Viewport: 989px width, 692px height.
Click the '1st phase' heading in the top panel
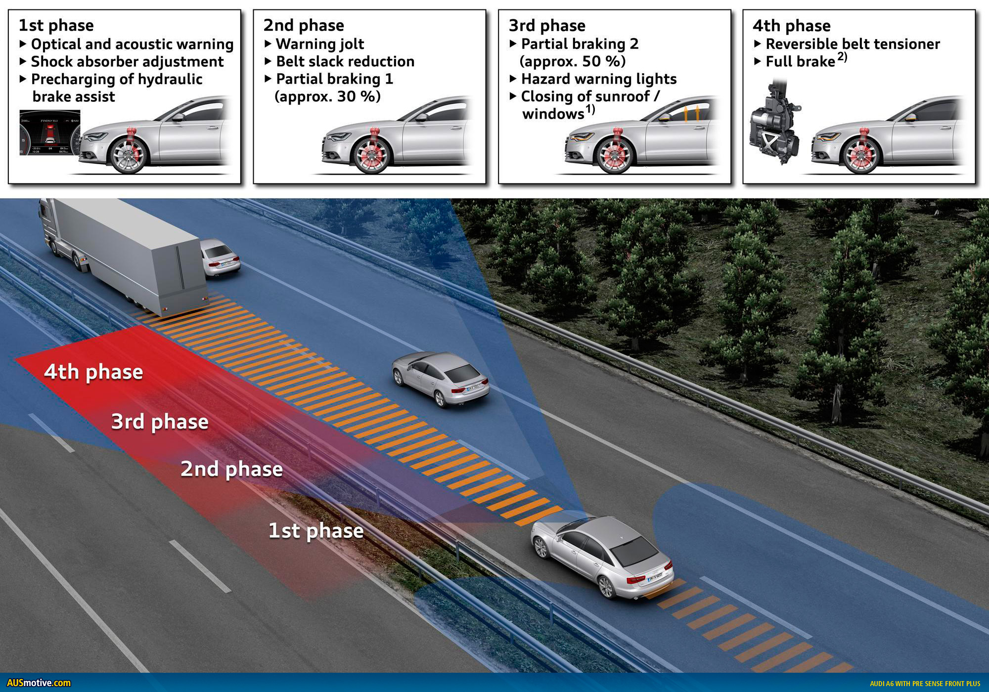56,25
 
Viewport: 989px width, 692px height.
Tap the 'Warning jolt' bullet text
319,44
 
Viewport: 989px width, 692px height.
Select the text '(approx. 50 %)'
573,61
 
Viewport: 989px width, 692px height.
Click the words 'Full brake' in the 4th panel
800,61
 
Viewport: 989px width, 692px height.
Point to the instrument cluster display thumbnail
49,132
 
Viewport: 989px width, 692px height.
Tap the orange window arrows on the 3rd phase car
691,113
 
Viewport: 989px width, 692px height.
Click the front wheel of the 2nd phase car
372,155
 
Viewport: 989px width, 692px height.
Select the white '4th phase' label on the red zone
93,372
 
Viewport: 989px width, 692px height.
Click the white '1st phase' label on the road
316,530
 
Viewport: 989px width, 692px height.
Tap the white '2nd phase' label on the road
231,469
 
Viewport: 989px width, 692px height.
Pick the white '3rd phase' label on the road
159,422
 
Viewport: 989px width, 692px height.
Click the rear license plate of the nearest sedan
655,577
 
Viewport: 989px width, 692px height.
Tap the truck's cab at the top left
50,227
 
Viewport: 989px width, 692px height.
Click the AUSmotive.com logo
39,683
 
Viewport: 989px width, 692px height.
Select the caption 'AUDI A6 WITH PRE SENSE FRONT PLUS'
925,684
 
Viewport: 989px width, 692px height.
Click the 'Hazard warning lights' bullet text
598,79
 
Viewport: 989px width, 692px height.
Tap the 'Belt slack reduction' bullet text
345,61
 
